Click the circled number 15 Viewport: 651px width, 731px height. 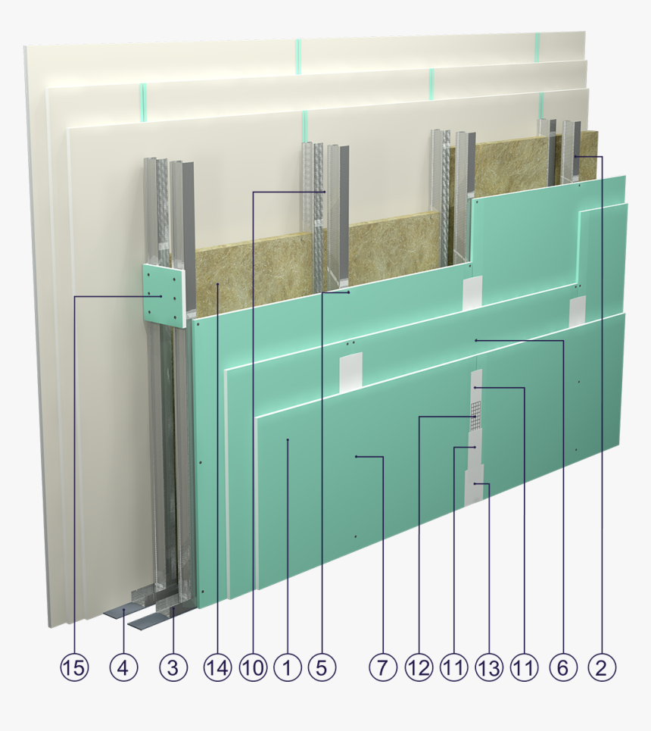pyautogui.click(x=75, y=667)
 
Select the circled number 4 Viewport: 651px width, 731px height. pyautogui.click(x=123, y=667)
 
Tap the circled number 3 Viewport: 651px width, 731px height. pyautogui.click(x=173, y=667)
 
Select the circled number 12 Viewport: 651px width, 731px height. pyautogui.click(x=419, y=667)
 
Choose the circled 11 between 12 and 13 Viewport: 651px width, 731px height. pyautogui.click(x=453, y=667)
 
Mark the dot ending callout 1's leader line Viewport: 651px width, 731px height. pyautogui.click(x=288, y=439)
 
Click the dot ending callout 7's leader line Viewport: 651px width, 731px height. pyautogui.click(x=356, y=457)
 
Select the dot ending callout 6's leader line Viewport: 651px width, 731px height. pyautogui.click(x=475, y=341)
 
